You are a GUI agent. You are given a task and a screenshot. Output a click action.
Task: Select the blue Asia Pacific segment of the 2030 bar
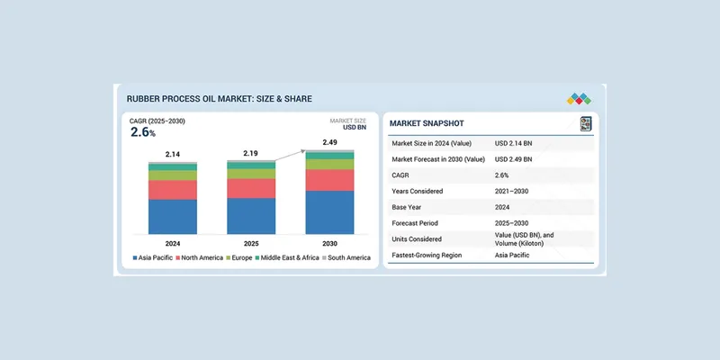(329, 212)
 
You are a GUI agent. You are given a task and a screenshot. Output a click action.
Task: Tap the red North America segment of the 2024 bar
(172, 190)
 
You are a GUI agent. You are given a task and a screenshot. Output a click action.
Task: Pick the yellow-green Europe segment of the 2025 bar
(251, 174)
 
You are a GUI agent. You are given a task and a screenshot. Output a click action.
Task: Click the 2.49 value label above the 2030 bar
(329, 141)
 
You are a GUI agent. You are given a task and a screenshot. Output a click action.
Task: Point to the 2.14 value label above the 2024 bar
(172, 154)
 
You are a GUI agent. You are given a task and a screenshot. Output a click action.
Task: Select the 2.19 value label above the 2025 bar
(251, 153)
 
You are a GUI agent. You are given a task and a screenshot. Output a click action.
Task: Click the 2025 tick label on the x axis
(251, 243)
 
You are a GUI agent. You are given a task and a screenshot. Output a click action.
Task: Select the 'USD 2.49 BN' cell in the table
(514, 158)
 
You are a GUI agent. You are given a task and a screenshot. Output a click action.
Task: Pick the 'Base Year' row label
(412, 207)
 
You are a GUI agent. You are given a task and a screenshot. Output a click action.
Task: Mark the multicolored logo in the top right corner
(578, 98)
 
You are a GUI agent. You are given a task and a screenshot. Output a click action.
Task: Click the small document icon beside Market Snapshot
(586, 123)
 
